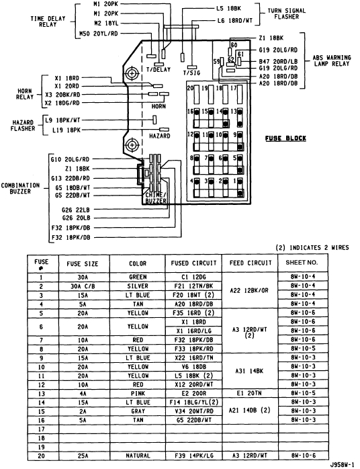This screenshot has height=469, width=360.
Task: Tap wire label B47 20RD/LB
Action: (x=278, y=61)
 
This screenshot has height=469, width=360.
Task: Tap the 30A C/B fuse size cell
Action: (x=82, y=285)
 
